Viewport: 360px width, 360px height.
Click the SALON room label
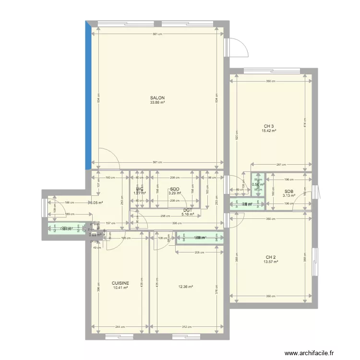[x=157, y=98]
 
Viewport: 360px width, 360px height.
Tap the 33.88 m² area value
[x=157, y=103]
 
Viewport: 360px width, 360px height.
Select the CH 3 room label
[x=268, y=125]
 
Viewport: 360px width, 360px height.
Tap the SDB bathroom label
[x=288, y=191]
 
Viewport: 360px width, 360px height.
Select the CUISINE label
[x=120, y=283]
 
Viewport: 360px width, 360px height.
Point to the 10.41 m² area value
[x=120, y=288]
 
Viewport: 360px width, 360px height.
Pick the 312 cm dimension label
[x=186, y=327]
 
